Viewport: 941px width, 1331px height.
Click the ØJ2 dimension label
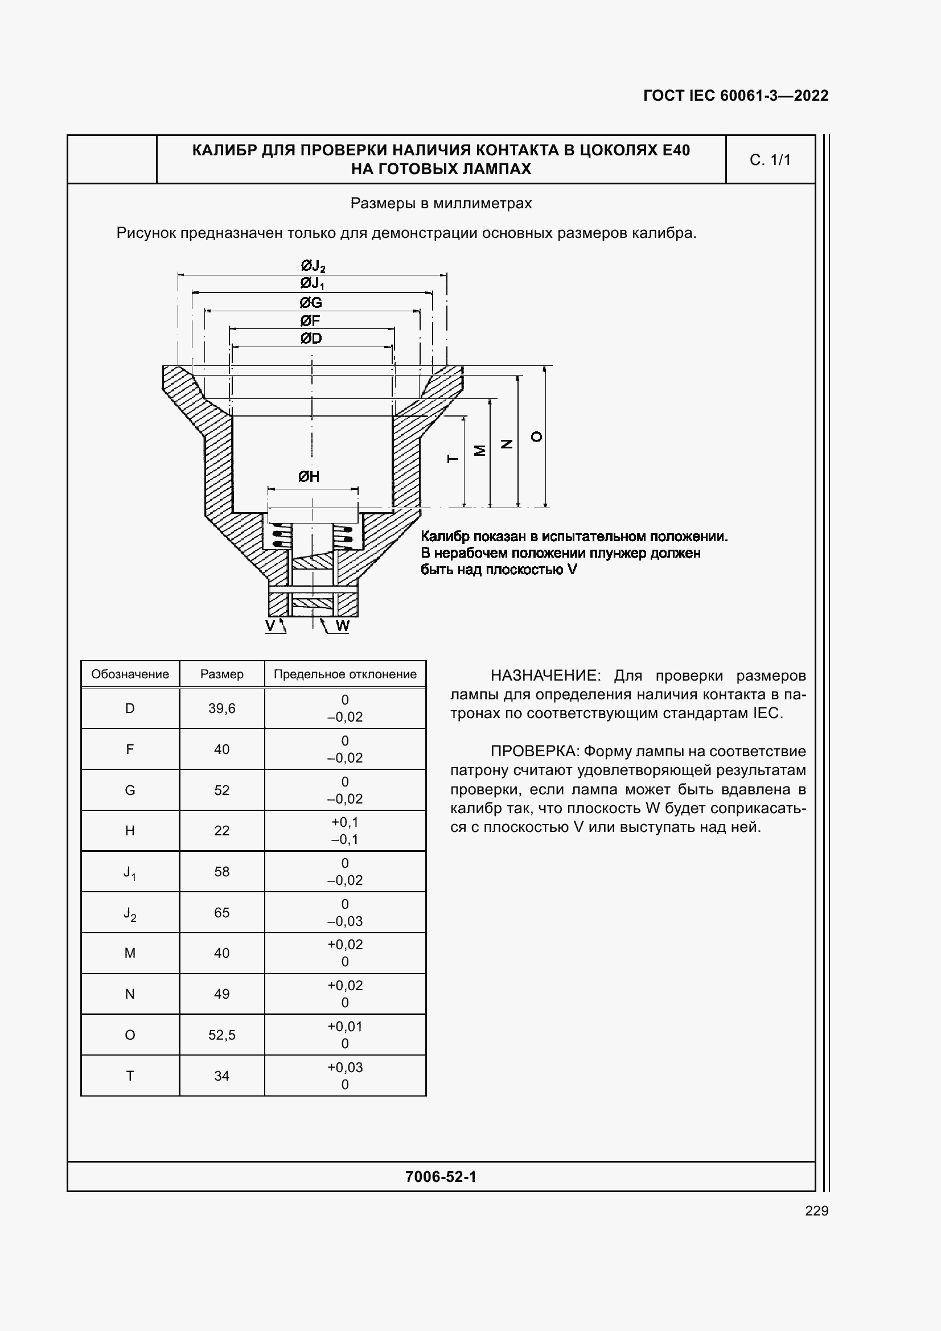313,266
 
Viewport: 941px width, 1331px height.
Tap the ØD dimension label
311,339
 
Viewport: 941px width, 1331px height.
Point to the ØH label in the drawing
309,476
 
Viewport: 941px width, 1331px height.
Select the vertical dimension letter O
537,436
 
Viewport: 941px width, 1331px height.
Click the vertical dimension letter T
453,459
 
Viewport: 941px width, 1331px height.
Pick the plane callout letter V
270,625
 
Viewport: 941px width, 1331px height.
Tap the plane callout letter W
343,626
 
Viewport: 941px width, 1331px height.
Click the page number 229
816,1210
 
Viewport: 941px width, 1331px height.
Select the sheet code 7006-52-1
441,1176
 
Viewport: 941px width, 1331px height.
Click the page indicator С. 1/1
770,160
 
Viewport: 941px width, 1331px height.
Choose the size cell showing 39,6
221,708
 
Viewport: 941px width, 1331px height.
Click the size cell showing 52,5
221,1035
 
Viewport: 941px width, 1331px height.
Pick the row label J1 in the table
130,872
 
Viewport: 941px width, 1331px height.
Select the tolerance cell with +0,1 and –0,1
345,831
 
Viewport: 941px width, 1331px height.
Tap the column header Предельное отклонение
345,674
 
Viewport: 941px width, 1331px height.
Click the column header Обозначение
130,674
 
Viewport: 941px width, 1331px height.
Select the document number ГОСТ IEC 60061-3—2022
735,96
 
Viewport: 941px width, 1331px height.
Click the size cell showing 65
221,912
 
